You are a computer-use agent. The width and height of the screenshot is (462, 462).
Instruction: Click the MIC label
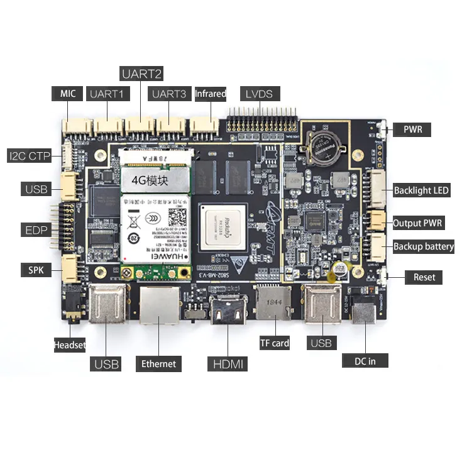click(67, 94)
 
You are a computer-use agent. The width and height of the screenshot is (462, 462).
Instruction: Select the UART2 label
click(142, 74)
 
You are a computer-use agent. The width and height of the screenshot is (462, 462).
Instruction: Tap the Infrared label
click(210, 94)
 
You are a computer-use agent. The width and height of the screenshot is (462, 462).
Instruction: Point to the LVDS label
click(260, 94)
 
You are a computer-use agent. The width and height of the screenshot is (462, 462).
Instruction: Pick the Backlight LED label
click(421, 190)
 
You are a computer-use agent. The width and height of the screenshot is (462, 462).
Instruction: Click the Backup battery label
click(423, 246)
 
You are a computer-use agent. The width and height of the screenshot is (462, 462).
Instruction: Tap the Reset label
click(424, 277)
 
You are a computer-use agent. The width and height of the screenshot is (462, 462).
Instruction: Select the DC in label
click(365, 360)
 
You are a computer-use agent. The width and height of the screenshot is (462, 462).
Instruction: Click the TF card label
click(275, 343)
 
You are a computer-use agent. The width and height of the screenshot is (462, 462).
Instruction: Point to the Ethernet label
click(158, 363)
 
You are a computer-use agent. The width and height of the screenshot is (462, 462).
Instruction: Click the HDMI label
click(228, 363)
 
